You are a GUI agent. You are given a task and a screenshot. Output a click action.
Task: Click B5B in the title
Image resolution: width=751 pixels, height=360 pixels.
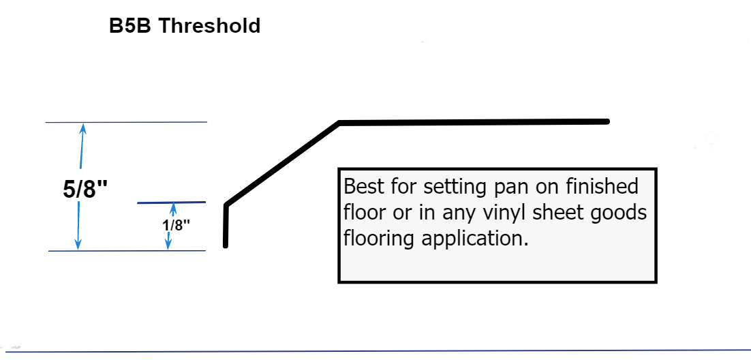(x=132, y=26)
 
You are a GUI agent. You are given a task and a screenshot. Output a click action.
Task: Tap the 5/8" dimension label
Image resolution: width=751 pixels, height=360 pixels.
(x=85, y=190)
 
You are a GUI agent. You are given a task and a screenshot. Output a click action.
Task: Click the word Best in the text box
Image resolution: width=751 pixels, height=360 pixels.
(x=364, y=186)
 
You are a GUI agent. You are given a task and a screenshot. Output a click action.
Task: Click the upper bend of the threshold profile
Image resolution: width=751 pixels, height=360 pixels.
(x=339, y=123)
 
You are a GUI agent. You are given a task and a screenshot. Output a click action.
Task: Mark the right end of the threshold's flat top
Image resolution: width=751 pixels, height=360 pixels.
(x=605, y=121)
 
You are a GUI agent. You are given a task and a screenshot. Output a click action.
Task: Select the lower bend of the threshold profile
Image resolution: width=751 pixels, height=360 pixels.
(x=226, y=205)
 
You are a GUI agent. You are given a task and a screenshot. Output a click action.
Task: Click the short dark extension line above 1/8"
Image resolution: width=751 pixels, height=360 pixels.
(x=171, y=202)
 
